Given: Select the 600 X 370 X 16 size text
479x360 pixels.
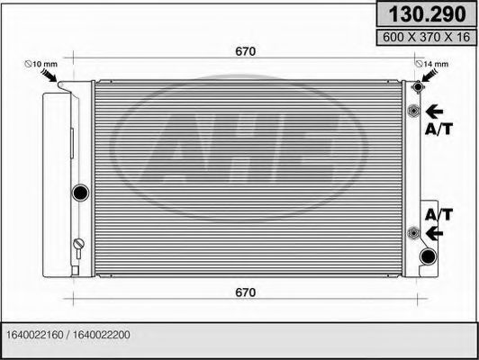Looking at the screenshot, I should pyautogui.click(x=426, y=37).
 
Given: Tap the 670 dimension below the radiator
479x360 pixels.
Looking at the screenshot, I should pyautogui.click(x=245, y=292).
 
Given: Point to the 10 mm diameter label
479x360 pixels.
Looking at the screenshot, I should pyautogui.click(x=40, y=64).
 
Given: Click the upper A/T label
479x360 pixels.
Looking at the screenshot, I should pyautogui.click(x=438, y=130).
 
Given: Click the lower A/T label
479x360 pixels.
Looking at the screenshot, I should pyautogui.click(x=438, y=214).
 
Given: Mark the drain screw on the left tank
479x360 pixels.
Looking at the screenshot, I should pyautogui.click(x=78, y=245).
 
